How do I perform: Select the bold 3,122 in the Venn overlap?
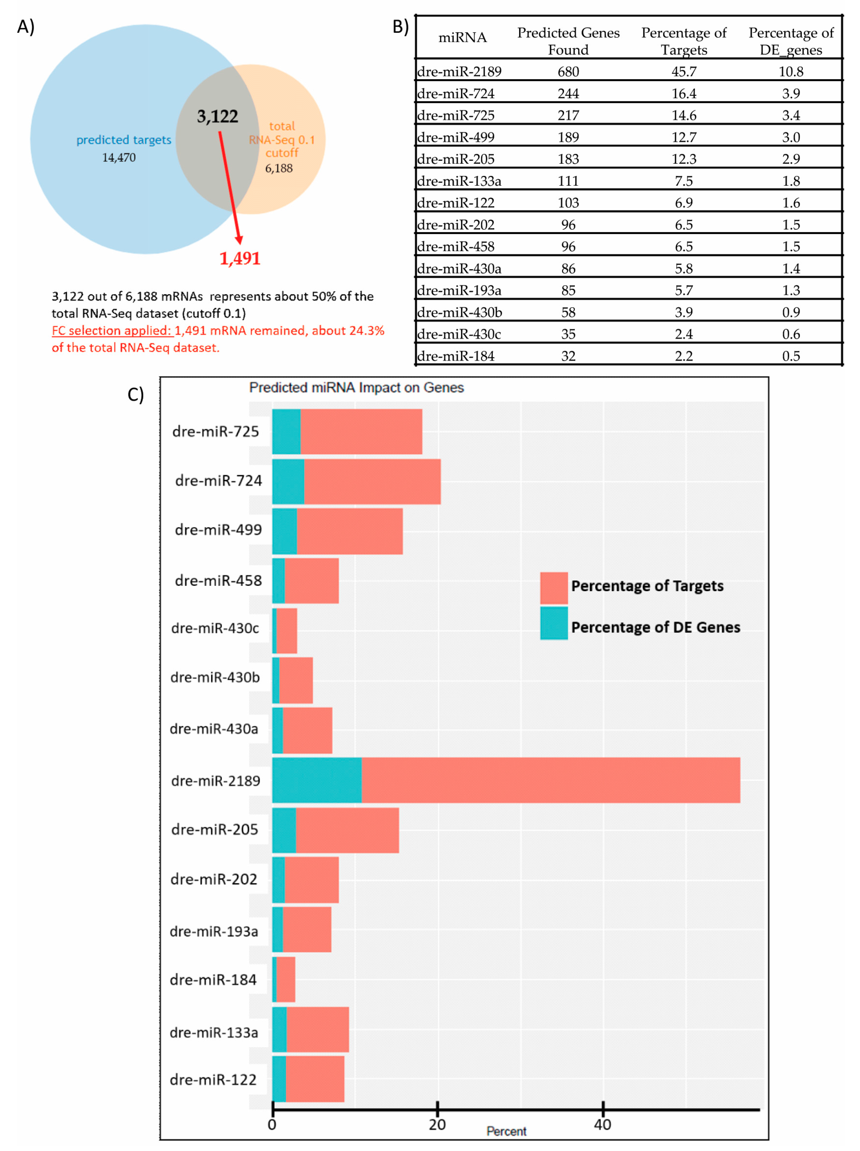[217, 116]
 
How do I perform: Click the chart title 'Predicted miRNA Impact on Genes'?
[356, 388]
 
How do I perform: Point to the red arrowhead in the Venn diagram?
[239, 239]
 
